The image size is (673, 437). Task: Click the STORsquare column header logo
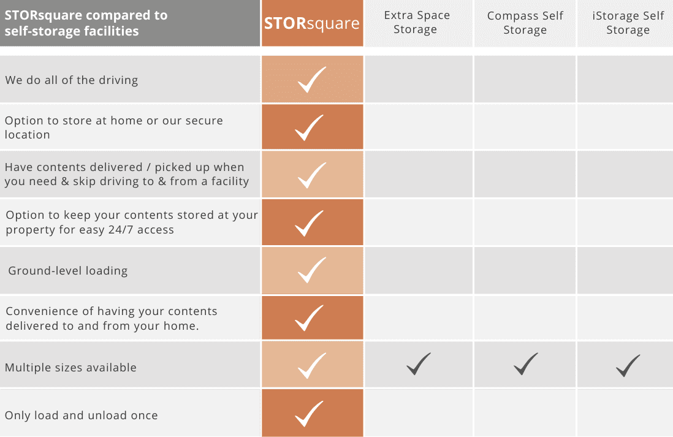tap(311, 24)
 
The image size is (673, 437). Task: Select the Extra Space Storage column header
tap(417, 22)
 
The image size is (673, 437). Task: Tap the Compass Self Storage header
tap(525, 23)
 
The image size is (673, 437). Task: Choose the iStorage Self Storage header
tap(628, 23)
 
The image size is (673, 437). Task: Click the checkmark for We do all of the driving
tap(311, 80)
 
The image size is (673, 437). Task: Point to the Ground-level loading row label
tap(68, 271)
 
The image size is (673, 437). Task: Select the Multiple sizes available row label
tap(71, 368)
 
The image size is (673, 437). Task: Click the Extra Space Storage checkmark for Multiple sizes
tap(419, 364)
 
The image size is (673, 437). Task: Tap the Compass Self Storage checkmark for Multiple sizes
tap(525, 364)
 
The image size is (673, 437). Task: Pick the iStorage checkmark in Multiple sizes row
tap(628, 366)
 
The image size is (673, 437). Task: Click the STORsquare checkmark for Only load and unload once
tap(308, 414)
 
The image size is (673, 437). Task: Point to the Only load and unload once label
tap(81, 416)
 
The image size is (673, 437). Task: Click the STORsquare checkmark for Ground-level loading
tap(311, 270)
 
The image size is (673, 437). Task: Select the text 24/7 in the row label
tap(121, 230)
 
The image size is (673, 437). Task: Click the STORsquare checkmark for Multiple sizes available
tap(311, 366)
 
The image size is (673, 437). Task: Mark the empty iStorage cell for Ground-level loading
tap(625, 270)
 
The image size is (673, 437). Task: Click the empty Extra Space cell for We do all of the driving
tap(419, 79)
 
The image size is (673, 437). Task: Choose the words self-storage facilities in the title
tap(72, 31)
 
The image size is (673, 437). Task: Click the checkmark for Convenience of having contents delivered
tap(308, 318)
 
